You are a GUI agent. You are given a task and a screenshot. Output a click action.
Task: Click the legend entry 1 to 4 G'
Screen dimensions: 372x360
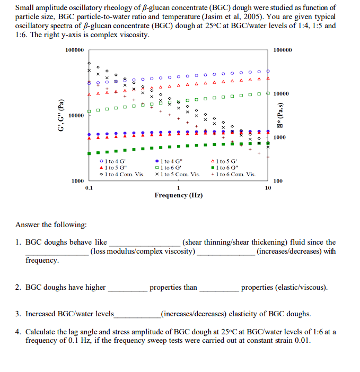click(x=113, y=161)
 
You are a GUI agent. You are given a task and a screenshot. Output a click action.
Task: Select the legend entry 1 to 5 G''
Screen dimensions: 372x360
click(x=113, y=167)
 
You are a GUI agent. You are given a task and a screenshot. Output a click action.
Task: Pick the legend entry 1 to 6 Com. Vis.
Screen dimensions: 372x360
click(x=233, y=174)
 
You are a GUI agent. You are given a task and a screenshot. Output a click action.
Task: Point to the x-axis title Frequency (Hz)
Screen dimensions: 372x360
click(x=178, y=195)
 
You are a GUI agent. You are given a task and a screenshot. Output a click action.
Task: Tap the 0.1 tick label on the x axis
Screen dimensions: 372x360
click(x=89, y=187)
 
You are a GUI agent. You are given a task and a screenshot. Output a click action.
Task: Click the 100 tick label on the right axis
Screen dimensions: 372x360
click(x=278, y=181)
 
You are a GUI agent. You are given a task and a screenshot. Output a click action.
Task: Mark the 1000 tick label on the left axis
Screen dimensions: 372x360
click(x=77, y=181)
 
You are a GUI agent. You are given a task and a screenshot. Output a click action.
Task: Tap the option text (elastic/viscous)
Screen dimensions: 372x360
click(x=284, y=287)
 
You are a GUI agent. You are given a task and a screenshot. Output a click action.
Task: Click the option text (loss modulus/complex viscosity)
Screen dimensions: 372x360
click(x=143, y=251)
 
